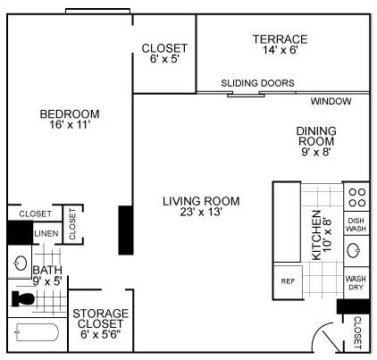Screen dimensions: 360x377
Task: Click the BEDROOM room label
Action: pyautogui.click(x=69, y=113)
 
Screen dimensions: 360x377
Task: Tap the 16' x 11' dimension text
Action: pyautogui.click(x=69, y=126)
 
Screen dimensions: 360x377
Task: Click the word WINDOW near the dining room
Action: pyautogui.click(x=331, y=101)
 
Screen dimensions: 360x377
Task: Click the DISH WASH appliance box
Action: pyautogui.click(x=356, y=224)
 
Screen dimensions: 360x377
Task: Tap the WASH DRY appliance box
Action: pyautogui.click(x=356, y=283)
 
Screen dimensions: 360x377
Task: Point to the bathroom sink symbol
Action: pyautogui.click(x=20, y=264)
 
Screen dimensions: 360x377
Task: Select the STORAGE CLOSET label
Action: pyautogui.click(x=100, y=319)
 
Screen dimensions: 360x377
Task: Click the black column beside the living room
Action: pyautogui.click(x=126, y=230)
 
